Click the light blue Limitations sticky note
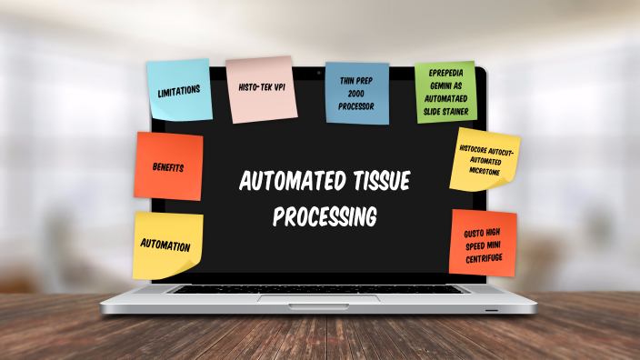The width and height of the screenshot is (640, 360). point(179,91)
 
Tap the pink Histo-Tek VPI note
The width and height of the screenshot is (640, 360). point(262,89)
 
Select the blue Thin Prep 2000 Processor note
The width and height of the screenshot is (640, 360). point(356,94)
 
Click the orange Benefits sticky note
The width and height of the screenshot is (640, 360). point(169,167)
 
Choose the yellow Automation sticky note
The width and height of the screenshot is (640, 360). point(167,245)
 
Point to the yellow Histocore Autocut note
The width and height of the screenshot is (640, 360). point(485,160)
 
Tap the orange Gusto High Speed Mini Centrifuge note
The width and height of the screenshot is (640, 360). point(483,242)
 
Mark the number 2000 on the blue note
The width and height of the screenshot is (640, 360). point(356,94)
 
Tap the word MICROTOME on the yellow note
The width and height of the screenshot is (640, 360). point(485,171)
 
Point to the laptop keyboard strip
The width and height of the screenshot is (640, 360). point(319,288)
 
